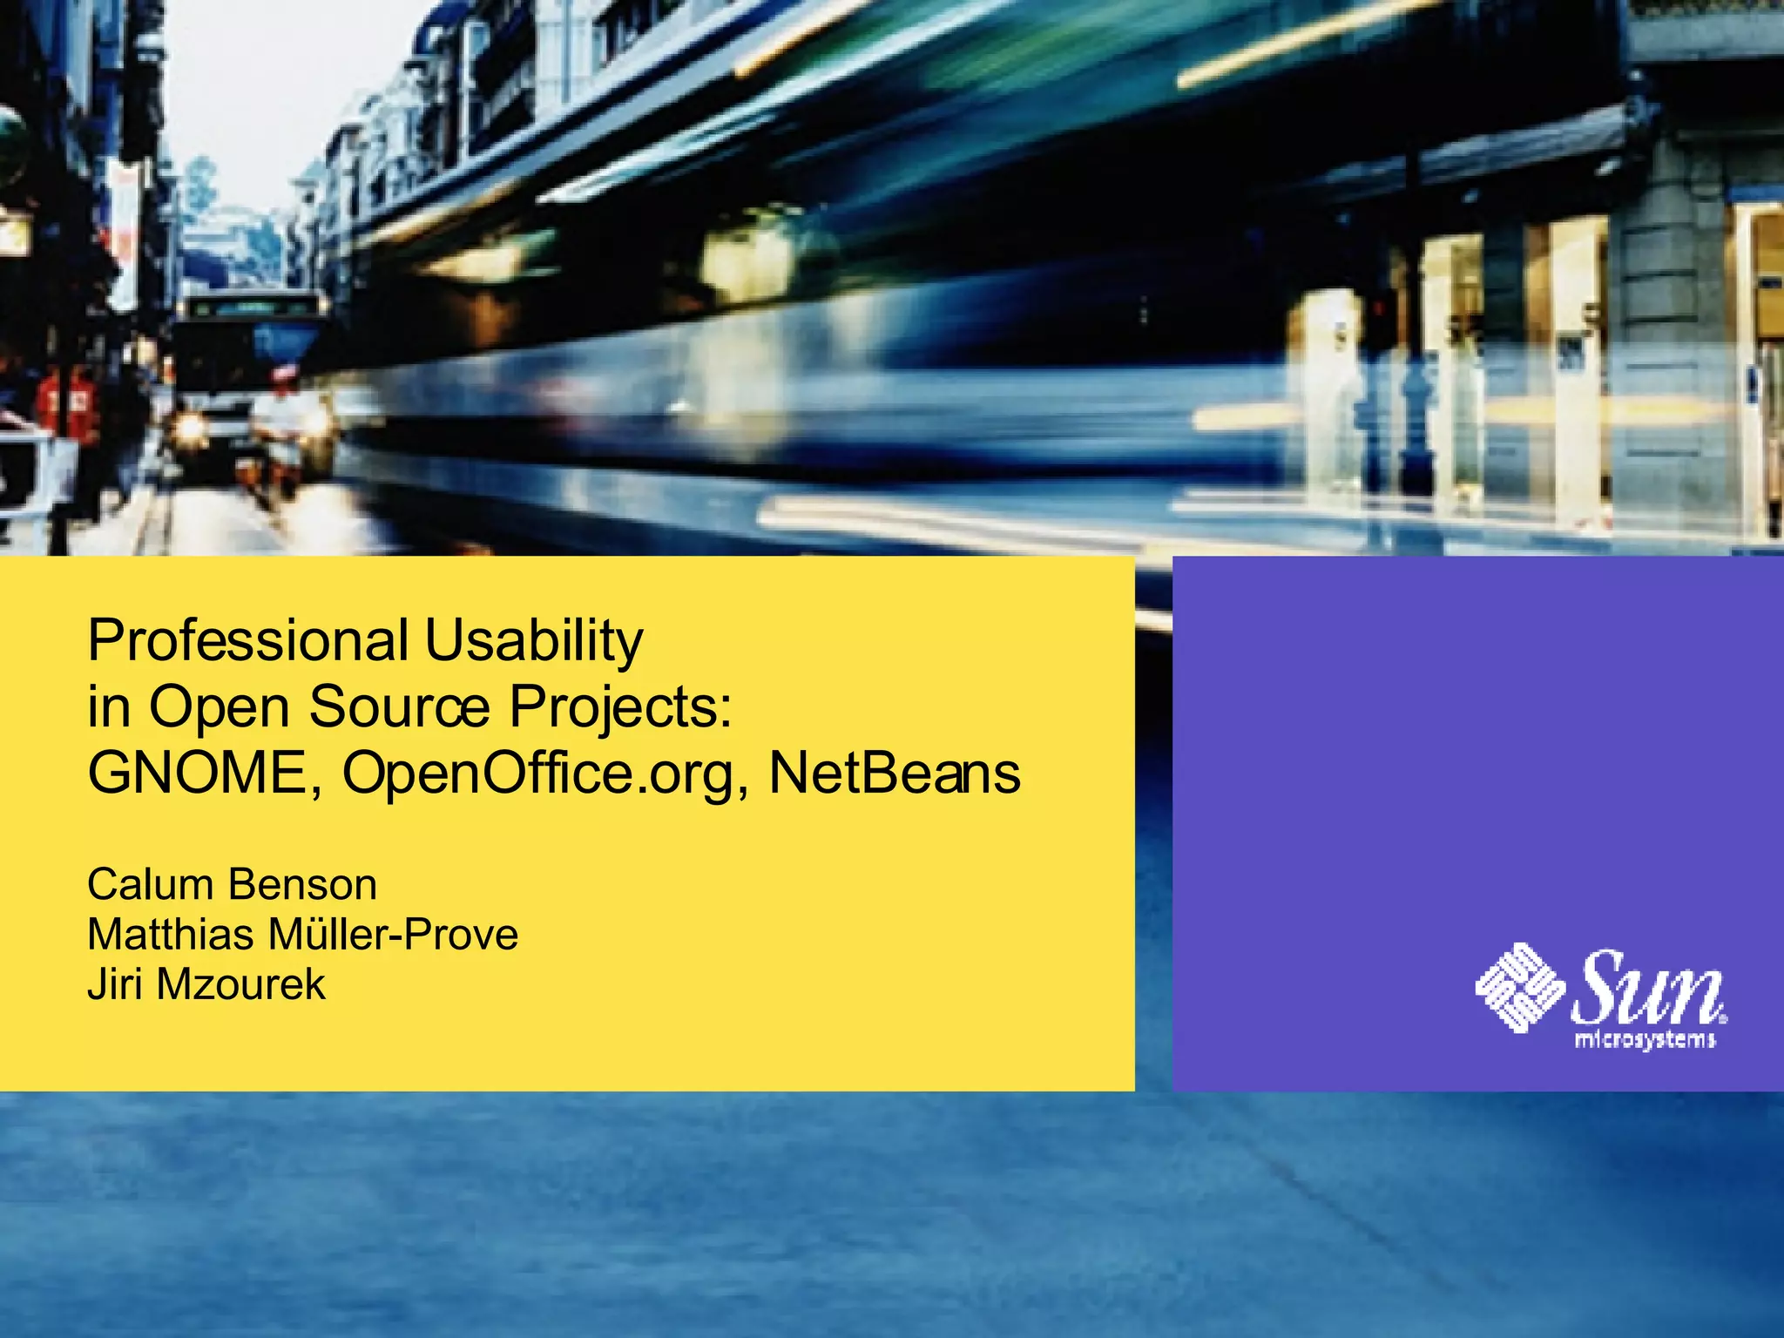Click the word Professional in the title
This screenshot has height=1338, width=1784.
click(x=247, y=641)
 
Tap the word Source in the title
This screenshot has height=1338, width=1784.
click(x=400, y=706)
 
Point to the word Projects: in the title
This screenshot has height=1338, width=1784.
click(x=620, y=706)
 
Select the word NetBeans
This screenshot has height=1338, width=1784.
click(x=894, y=773)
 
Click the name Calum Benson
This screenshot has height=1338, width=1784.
click(x=232, y=885)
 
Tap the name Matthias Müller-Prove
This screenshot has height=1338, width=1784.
click(x=302, y=935)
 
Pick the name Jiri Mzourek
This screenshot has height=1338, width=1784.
click(x=206, y=985)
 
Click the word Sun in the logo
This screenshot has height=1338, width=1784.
click(x=1646, y=987)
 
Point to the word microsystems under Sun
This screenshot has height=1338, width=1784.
click(x=1645, y=1040)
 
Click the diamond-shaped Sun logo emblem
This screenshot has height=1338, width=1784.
click(x=1519, y=987)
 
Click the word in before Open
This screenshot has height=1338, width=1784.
click(x=109, y=706)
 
